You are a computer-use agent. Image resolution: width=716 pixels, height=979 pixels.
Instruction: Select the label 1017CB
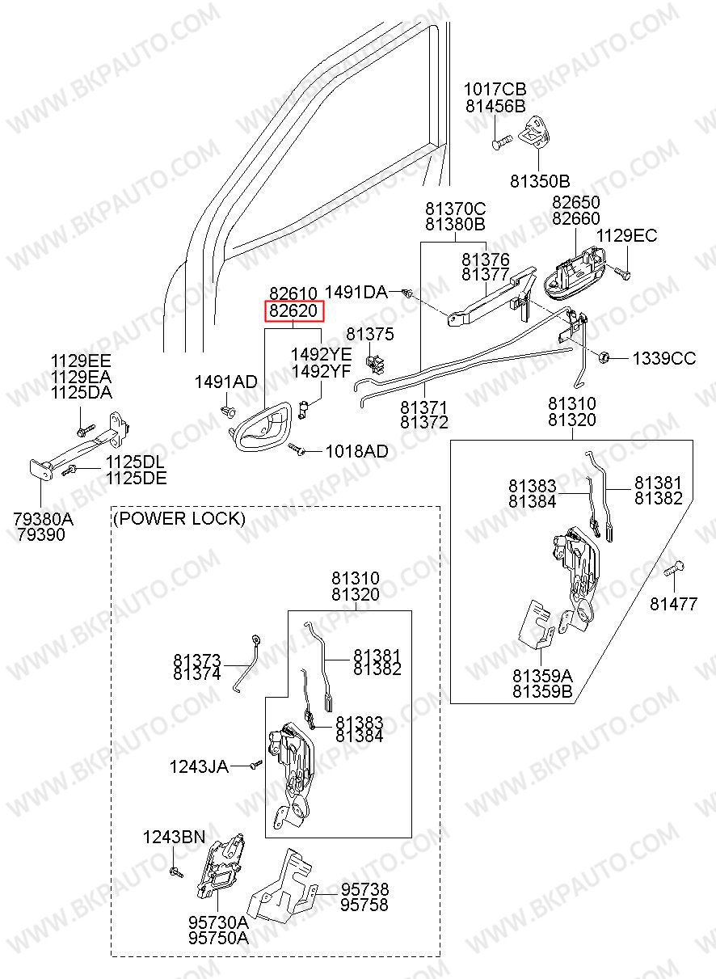[x=495, y=89]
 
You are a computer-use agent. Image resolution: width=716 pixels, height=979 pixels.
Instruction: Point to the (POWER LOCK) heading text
[x=179, y=518]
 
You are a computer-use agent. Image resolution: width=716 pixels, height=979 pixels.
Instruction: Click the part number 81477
[x=673, y=604]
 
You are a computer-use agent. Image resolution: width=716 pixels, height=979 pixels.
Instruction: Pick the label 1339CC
[x=663, y=358]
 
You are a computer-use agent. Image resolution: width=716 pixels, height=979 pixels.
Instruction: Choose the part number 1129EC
[x=626, y=236]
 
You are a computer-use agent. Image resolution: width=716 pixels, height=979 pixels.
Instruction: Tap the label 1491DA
[x=356, y=291]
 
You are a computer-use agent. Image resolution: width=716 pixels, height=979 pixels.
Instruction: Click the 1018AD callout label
[x=356, y=451]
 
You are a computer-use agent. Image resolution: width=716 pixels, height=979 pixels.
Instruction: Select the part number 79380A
[x=42, y=519]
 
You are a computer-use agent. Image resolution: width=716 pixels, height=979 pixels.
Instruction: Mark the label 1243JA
[x=199, y=765]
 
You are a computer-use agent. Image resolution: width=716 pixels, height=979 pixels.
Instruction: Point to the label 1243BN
[x=174, y=837]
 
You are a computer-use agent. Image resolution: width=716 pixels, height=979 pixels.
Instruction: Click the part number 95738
[x=364, y=888]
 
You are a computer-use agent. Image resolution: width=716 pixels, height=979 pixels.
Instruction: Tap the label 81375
[x=370, y=334]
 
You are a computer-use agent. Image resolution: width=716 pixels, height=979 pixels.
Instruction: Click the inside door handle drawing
[x=259, y=428]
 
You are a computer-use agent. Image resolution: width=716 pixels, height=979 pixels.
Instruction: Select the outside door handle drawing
[x=575, y=268]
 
